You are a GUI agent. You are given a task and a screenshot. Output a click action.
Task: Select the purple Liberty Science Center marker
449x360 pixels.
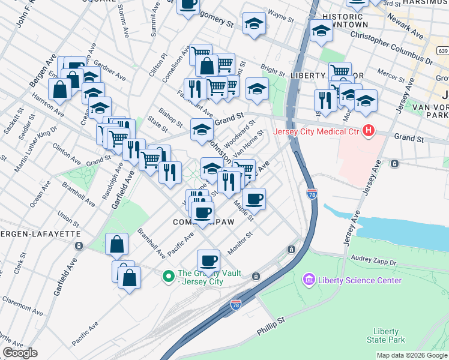click(x=309, y=280)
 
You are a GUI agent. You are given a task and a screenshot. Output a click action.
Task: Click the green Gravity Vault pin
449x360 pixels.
click(x=169, y=276)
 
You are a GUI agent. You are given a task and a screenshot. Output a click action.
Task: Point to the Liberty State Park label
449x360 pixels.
click(x=385, y=335)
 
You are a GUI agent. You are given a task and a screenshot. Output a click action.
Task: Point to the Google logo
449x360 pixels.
click(x=20, y=353)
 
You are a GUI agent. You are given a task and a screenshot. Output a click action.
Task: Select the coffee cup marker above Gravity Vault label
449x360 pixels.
click(x=208, y=260)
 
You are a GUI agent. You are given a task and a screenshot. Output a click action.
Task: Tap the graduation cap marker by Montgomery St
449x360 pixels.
click(x=254, y=25)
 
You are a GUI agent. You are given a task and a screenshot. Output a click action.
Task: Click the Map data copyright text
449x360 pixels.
click(x=412, y=355)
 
